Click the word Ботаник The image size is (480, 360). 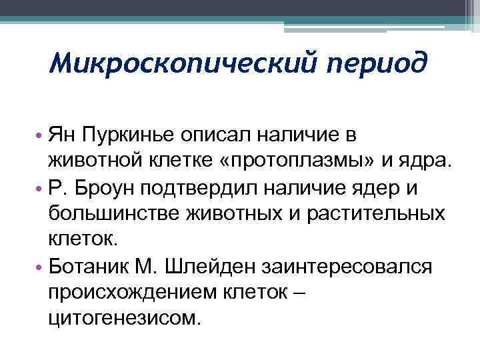point(90,267)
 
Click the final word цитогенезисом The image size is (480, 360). point(123,319)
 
